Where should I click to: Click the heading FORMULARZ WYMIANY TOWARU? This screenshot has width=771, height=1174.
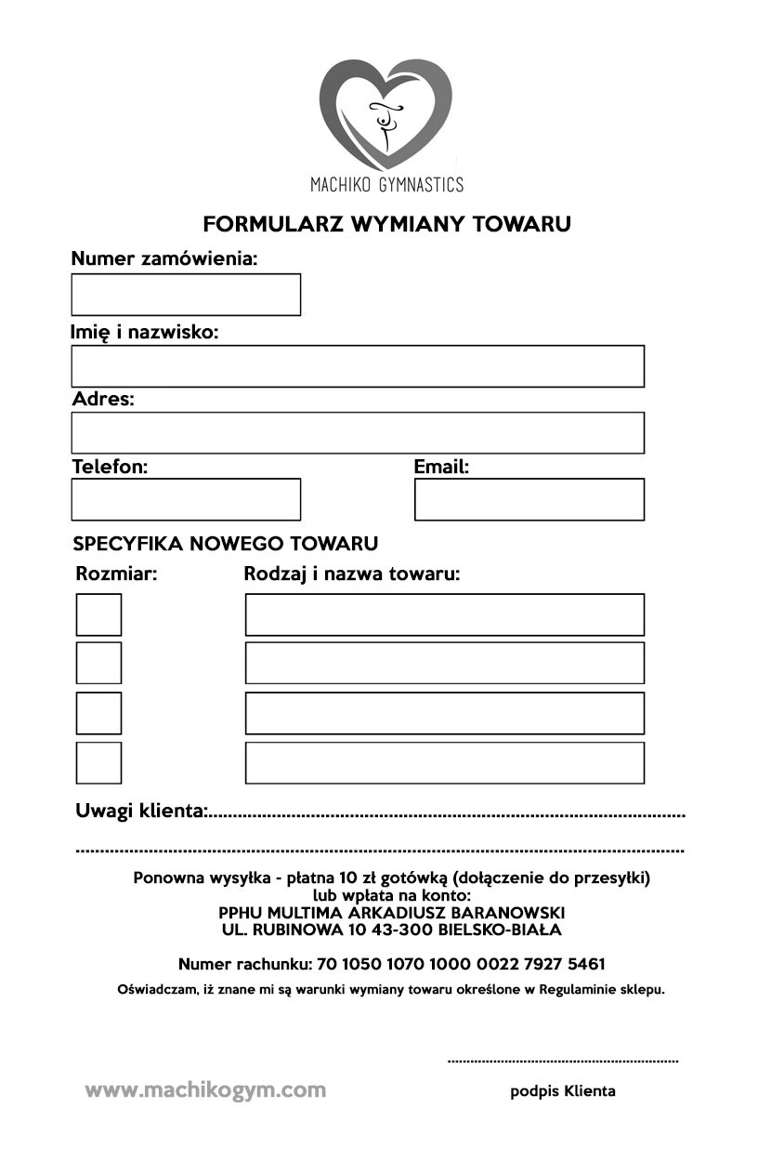386,224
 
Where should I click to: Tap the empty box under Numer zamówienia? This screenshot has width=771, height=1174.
186,295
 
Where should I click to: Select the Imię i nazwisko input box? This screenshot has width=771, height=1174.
358,366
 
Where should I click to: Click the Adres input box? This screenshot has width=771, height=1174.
358,433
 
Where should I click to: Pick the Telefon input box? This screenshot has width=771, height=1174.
186,499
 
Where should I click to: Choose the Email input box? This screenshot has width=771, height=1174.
529,499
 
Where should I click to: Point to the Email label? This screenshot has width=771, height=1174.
441,467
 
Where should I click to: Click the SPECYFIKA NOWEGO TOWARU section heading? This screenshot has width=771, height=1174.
226,544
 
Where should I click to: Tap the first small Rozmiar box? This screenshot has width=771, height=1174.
98,614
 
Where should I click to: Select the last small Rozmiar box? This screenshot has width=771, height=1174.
98,762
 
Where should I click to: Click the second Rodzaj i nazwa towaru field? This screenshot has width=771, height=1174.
444,663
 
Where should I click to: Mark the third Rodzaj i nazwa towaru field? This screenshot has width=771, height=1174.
444,713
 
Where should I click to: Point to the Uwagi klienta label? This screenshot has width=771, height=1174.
141,811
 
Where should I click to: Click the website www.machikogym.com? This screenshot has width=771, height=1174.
205,1090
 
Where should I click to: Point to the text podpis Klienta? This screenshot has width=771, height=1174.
563,1091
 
